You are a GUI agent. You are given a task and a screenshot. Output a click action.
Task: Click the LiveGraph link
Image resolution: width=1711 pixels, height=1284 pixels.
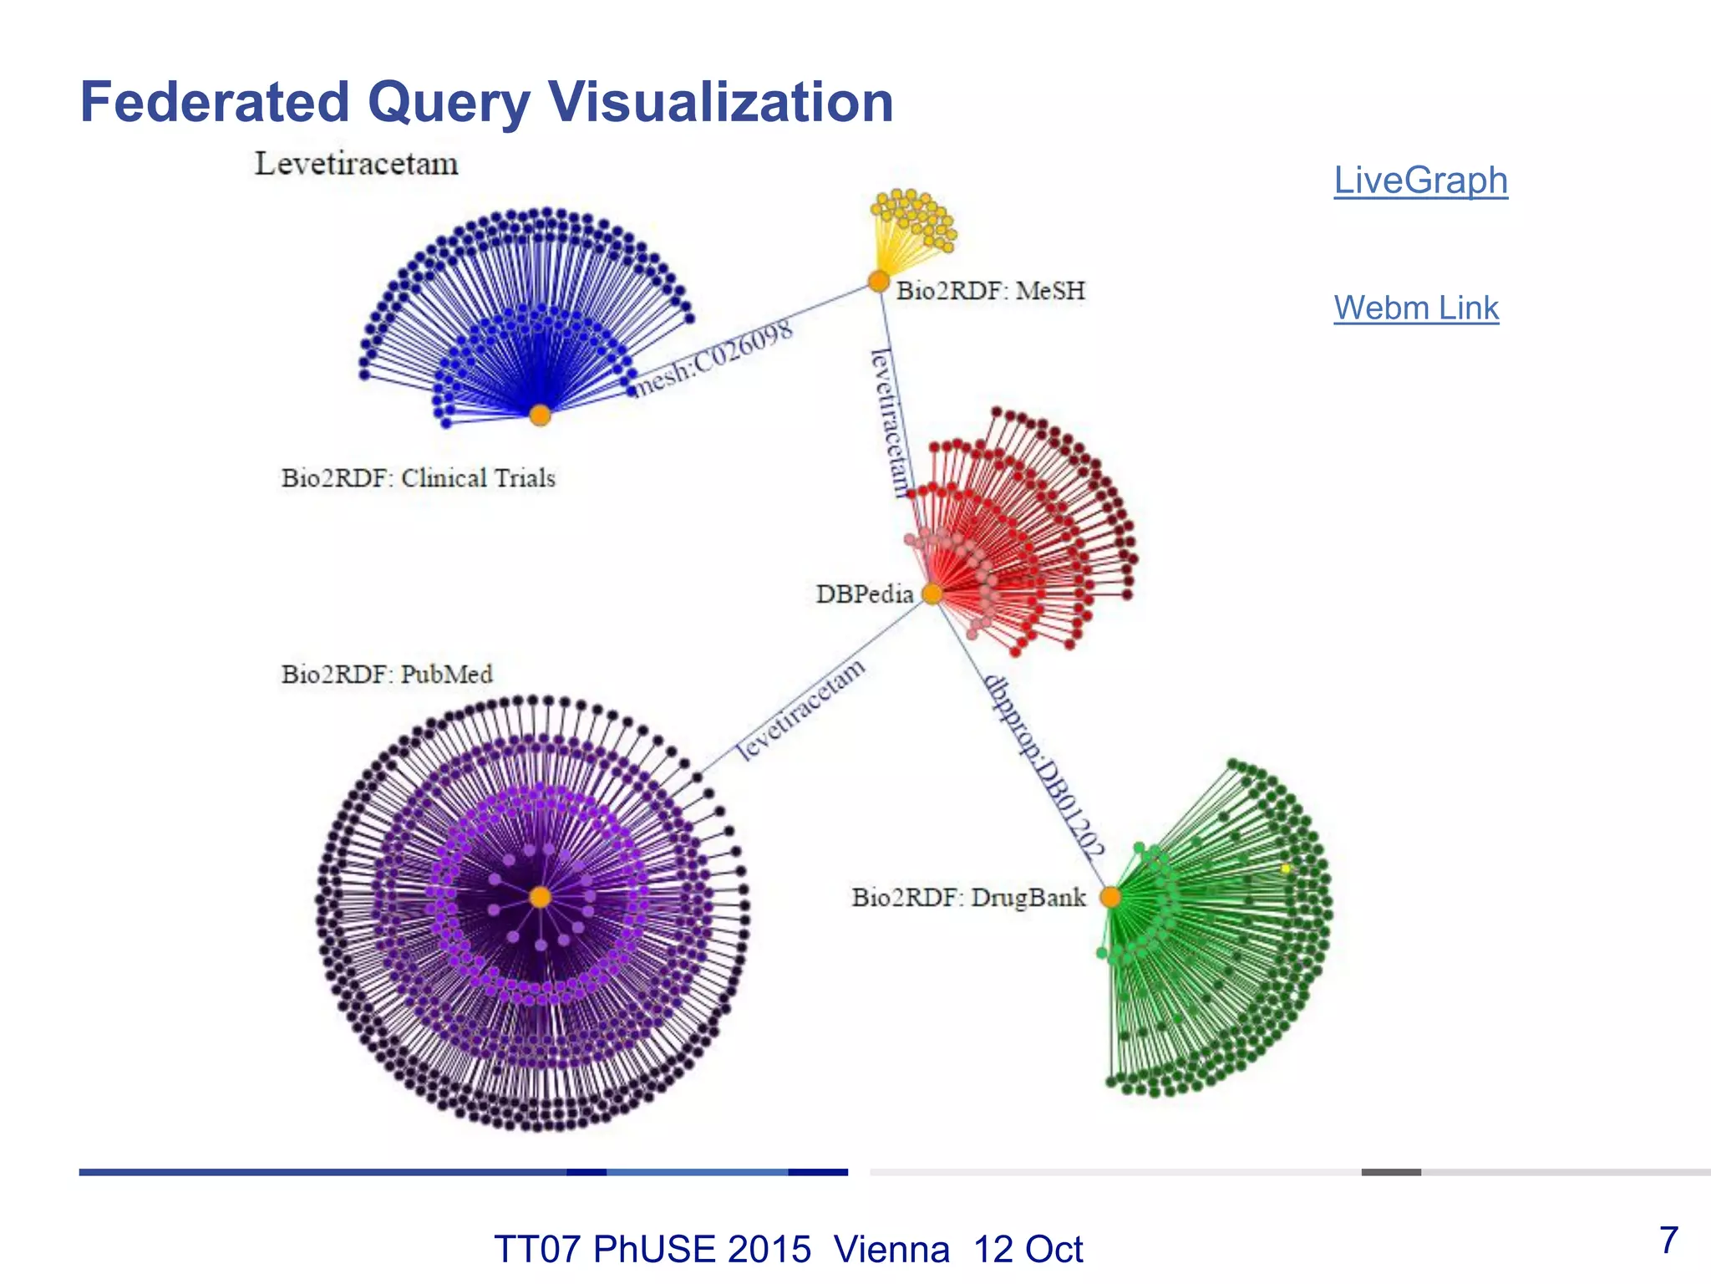coord(1420,181)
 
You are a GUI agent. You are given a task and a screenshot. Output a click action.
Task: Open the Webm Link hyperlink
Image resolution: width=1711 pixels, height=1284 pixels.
coord(1416,308)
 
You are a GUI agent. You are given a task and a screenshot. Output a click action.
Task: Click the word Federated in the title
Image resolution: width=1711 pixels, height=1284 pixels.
coord(215,102)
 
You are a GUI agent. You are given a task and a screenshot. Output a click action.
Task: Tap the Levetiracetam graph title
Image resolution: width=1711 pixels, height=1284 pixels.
coord(357,164)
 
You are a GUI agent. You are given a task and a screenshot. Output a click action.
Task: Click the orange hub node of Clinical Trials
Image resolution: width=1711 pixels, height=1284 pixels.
coord(541,415)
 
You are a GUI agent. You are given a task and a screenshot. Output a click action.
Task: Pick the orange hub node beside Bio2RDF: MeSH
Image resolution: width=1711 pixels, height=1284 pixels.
coord(878,281)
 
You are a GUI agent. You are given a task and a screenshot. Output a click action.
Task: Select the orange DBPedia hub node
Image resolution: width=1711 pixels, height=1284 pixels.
coord(932,594)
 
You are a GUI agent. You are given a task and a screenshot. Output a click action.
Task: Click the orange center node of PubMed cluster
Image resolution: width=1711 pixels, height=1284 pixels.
coord(541,897)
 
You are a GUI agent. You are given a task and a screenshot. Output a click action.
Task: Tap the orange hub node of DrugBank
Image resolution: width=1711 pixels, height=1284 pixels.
coord(1110,897)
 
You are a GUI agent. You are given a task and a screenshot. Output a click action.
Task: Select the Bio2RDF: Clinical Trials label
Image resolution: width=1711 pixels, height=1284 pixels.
coord(419,478)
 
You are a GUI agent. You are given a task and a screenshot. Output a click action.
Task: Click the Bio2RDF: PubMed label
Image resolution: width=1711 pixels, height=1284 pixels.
coord(387,674)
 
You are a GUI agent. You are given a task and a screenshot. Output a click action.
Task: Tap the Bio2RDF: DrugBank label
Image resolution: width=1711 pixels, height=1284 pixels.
coord(968,898)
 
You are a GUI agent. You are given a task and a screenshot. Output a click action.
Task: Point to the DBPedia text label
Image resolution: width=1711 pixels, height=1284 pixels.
coord(865,594)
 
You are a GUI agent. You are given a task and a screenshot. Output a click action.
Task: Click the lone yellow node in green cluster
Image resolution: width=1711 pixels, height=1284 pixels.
coord(1286,869)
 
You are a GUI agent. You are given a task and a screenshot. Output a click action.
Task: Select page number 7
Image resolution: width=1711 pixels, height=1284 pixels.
coord(1668,1240)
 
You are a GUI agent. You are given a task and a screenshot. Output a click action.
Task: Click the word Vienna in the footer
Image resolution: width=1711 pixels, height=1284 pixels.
coord(891,1250)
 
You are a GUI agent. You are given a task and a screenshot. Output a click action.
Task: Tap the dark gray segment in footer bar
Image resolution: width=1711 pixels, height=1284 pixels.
coord(1391,1172)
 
